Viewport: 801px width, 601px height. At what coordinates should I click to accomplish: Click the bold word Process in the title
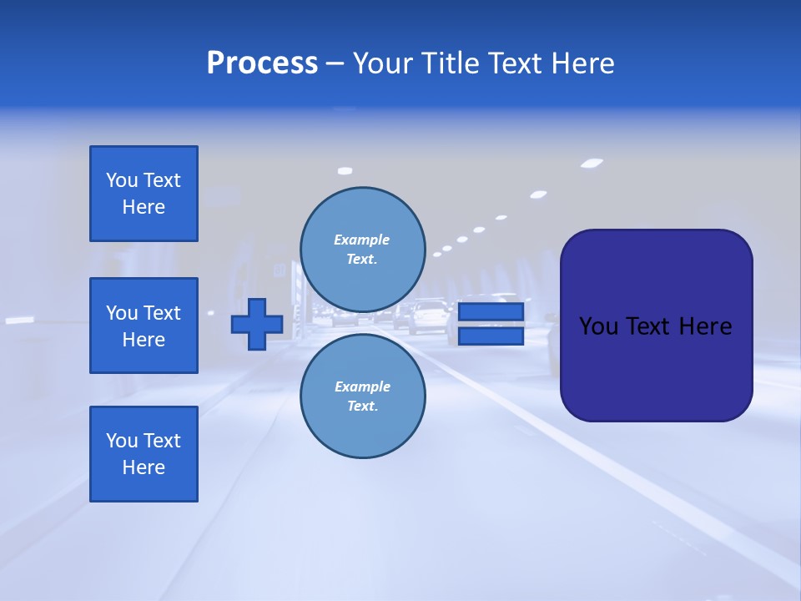click(x=262, y=63)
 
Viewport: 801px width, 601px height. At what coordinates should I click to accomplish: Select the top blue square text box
click(x=144, y=194)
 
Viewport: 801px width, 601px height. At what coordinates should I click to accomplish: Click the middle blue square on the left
click(x=144, y=326)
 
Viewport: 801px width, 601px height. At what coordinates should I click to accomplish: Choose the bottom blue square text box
click(x=144, y=454)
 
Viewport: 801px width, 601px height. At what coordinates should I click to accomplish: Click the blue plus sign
click(x=257, y=324)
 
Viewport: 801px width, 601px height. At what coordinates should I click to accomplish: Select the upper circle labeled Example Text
click(x=363, y=250)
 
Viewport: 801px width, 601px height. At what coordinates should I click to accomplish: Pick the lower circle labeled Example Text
click(x=363, y=396)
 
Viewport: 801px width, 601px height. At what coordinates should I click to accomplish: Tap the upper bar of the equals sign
click(x=491, y=312)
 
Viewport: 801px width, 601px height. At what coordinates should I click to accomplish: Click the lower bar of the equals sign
click(x=491, y=336)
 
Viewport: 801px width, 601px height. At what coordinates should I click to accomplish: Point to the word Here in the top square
click(x=144, y=207)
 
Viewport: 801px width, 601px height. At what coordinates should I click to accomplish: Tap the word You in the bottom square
click(x=121, y=441)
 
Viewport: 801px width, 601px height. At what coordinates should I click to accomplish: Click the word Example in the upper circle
click(x=361, y=240)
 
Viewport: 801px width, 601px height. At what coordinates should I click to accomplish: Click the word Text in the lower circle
click(x=361, y=407)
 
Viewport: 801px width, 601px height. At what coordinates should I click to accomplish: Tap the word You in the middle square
click(x=121, y=313)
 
